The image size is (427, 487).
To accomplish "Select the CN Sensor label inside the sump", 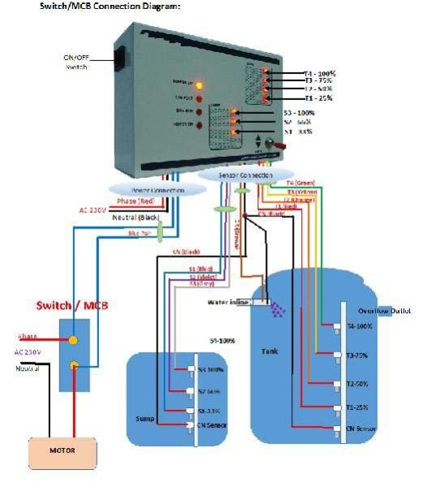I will (x=211, y=425).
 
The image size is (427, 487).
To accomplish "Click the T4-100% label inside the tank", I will (x=358, y=326).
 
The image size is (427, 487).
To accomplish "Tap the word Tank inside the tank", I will (x=270, y=351).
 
